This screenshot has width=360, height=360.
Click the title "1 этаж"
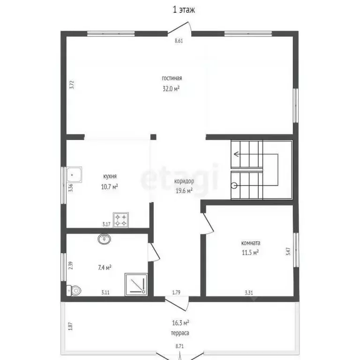click(184, 10)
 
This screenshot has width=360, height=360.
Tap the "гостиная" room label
click(172, 78)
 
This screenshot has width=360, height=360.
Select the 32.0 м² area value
click(171, 89)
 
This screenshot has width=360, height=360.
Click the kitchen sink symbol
click(74, 174)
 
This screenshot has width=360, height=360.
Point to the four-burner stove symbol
click(121, 220)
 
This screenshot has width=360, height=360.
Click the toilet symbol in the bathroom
click(74, 291)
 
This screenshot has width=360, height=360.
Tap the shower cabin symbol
click(136, 284)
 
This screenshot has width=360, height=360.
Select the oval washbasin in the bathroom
click(104, 239)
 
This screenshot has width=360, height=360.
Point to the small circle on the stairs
click(234, 185)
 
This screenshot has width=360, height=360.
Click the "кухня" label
click(110, 176)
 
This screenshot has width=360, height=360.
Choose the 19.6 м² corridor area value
click(184, 191)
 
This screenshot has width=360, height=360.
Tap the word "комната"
click(251, 243)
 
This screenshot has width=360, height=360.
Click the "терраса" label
click(180, 333)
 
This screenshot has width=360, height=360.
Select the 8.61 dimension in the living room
click(179, 41)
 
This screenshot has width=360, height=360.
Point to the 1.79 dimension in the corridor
click(176, 292)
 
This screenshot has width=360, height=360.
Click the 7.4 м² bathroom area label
click(105, 268)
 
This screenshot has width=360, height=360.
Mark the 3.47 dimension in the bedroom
click(288, 251)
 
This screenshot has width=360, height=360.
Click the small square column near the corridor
click(153, 137)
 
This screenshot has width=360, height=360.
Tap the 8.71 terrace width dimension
click(180, 346)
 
